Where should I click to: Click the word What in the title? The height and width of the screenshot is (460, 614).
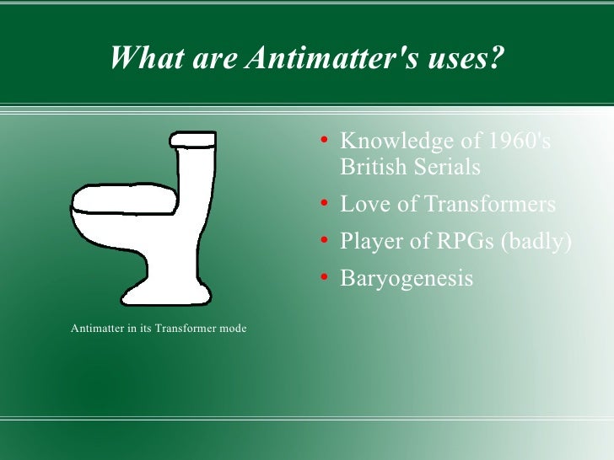coord(143,58)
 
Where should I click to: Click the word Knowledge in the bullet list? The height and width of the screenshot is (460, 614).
coord(397,142)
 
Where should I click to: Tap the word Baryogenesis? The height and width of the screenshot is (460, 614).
coord(407,278)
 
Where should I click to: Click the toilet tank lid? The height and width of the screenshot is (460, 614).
coord(193,138)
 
